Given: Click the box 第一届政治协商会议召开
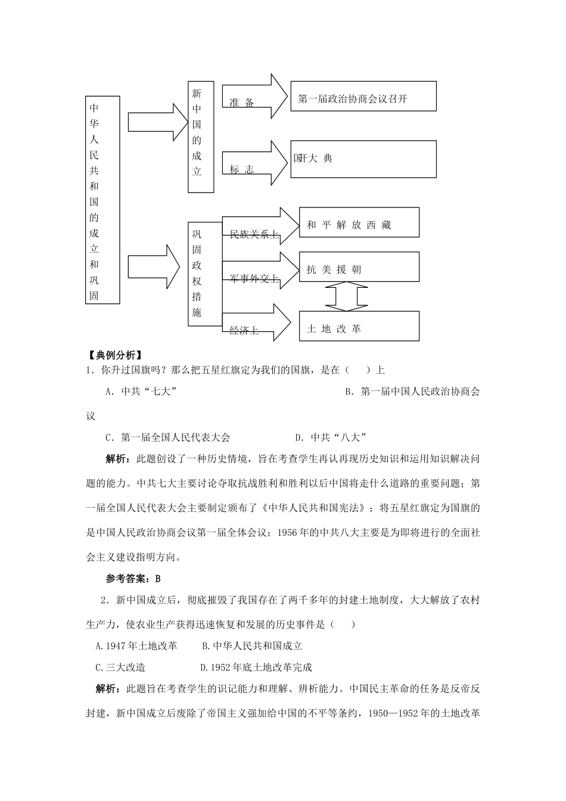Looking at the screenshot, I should pyautogui.click(x=363, y=96).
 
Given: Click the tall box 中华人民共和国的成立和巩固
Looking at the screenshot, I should pyautogui.click(x=103, y=200).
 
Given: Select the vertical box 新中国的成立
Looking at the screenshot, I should pyautogui.click(x=201, y=136).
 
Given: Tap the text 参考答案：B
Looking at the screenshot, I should pyautogui.click(x=133, y=579).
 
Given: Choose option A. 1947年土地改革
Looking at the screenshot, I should pyautogui.click(x=136, y=646).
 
